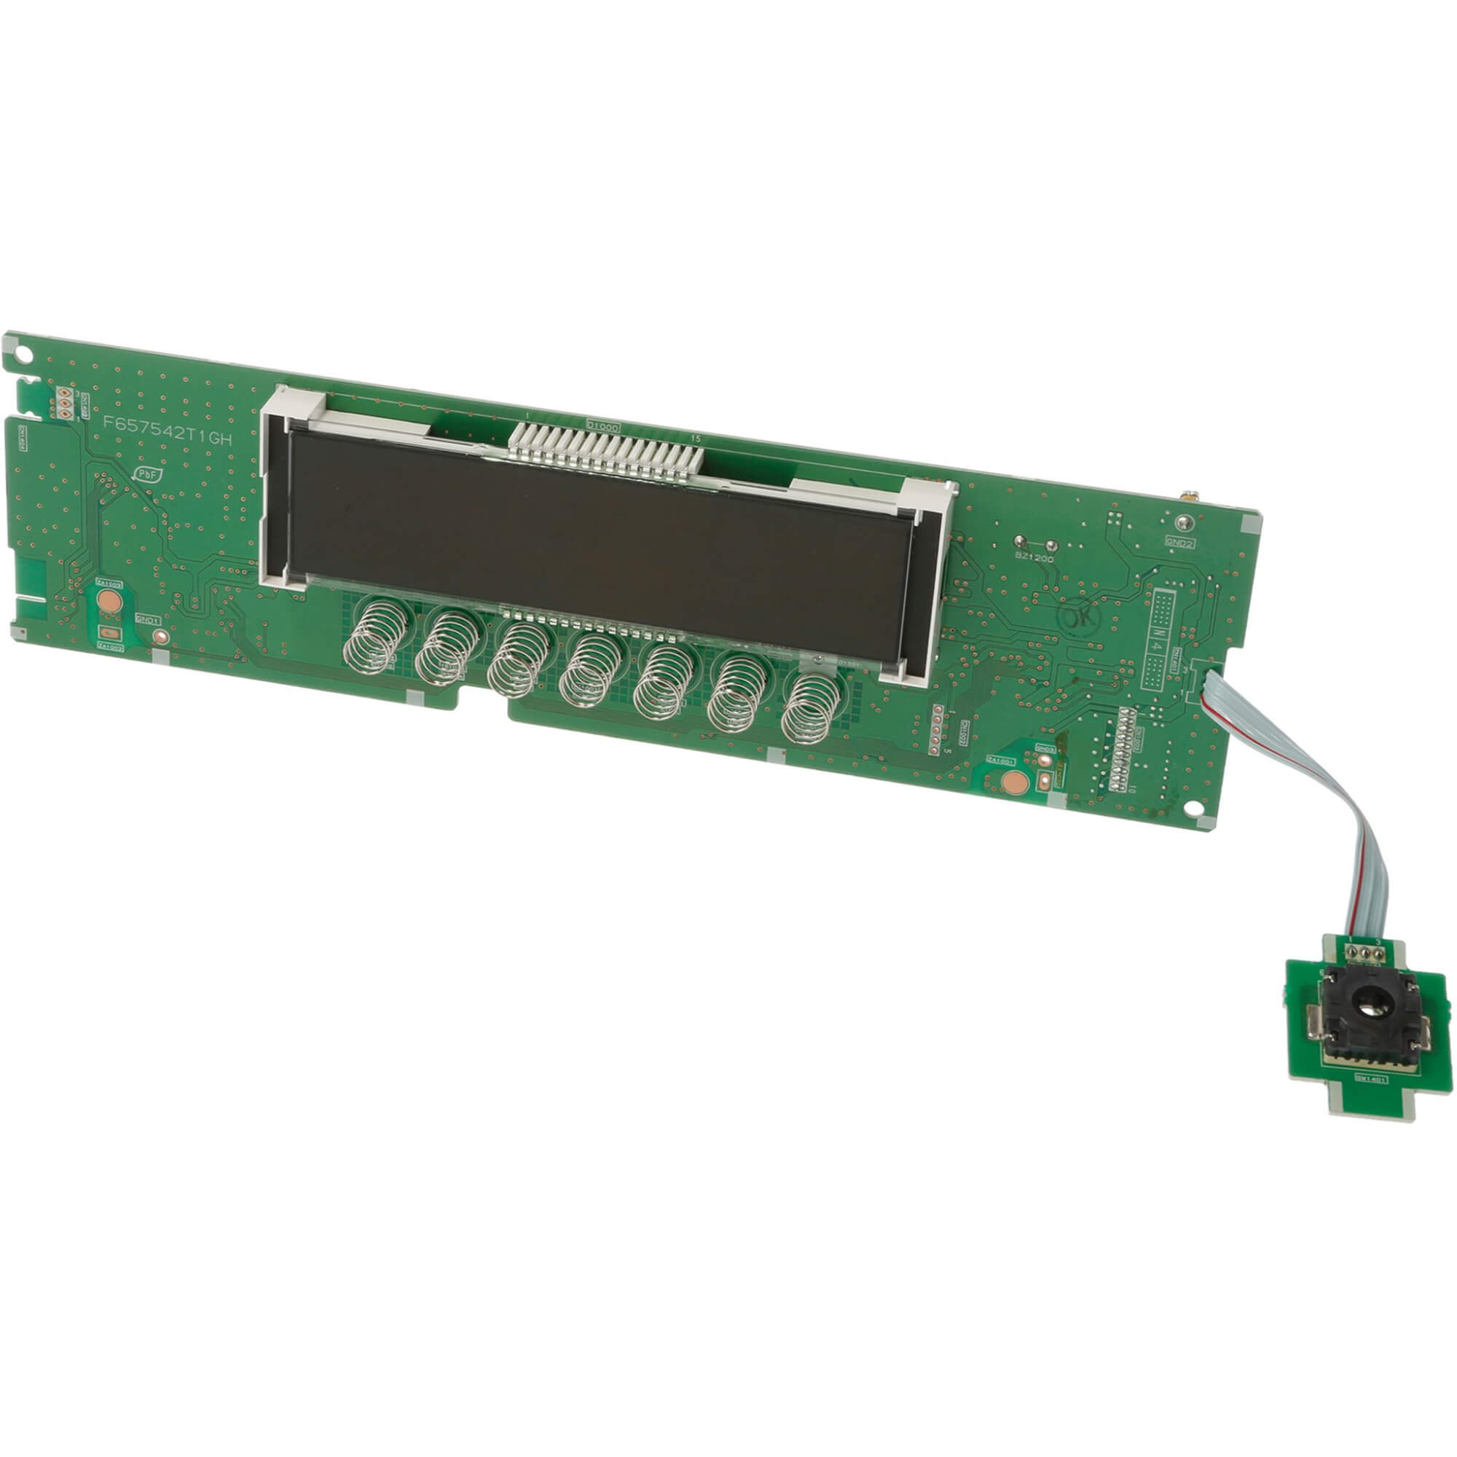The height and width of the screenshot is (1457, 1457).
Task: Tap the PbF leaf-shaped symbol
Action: [x=145, y=474]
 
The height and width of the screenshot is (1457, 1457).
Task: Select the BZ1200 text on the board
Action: [x=1034, y=559]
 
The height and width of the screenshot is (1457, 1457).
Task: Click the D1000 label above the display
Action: [x=602, y=425]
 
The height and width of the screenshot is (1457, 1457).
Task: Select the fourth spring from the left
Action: [x=593, y=670]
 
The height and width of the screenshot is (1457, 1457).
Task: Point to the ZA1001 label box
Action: [x=1000, y=761]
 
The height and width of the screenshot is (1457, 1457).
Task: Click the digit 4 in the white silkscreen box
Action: [x=1157, y=646]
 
